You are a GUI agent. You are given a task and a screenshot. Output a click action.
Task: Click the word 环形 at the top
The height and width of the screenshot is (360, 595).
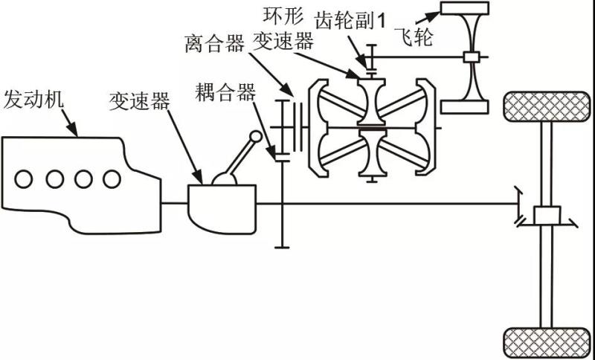282,16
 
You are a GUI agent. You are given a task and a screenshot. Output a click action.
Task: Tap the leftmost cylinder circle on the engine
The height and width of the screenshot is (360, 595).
25,179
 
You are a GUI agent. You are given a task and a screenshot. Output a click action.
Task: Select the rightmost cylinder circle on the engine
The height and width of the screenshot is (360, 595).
112,179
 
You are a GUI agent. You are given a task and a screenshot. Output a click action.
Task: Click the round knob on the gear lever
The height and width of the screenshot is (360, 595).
255,137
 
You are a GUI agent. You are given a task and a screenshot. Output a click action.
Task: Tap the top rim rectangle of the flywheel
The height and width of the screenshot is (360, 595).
464,9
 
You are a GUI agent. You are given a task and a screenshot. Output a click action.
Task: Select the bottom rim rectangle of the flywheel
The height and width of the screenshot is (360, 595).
464,106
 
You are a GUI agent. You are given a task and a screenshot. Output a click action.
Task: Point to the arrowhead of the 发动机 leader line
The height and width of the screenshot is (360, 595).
75,132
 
